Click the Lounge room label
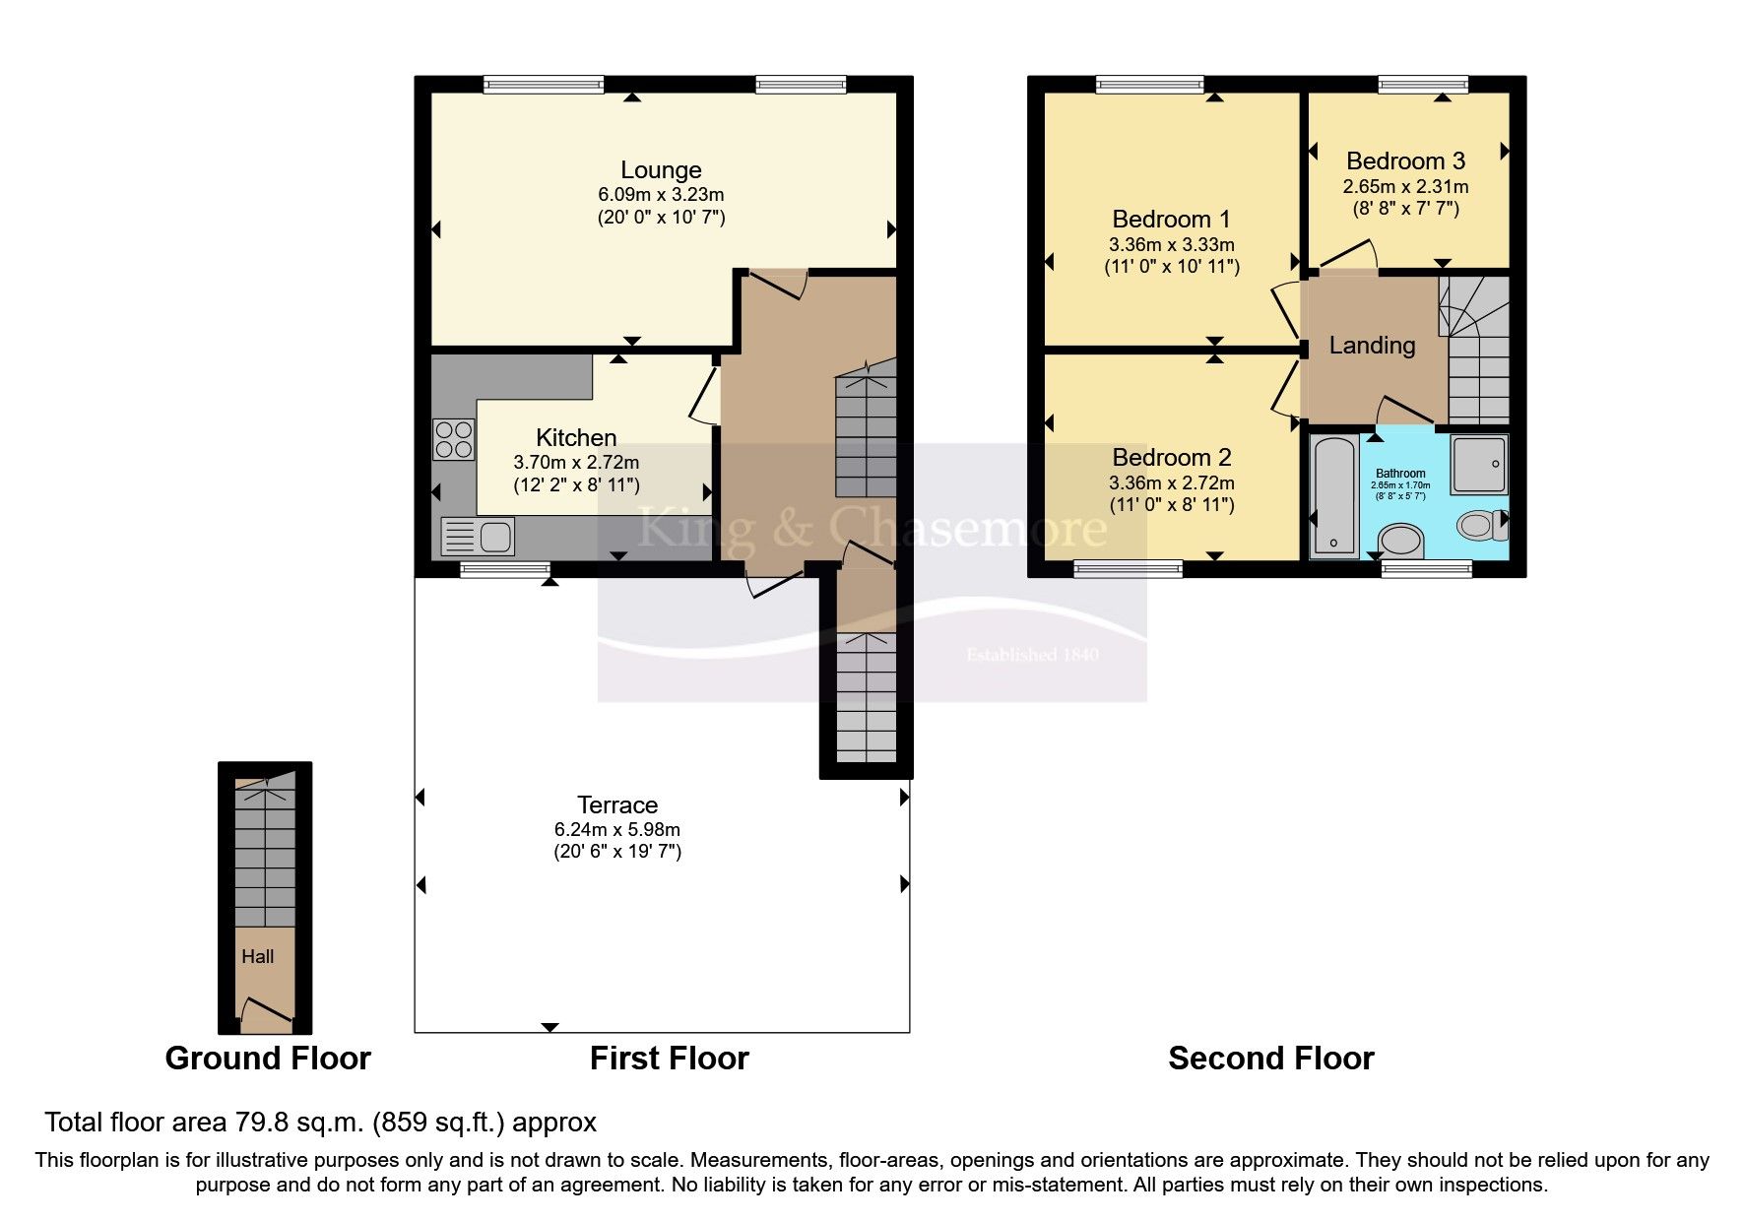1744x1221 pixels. coord(660,170)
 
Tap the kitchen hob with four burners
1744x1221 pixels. coord(453,439)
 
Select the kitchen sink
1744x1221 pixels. coord(478,537)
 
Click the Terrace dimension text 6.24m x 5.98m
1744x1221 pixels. coord(616,829)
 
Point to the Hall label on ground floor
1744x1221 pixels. coord(258,956)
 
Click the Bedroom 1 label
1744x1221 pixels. coord(1171,219)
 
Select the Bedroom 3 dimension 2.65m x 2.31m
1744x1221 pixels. coord(1405,186)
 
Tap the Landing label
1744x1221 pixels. coord(1372,346)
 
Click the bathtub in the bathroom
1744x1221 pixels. coord(1334,496)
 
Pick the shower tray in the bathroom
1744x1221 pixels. coord(1479,464)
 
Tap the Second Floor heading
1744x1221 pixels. coord(1270,1059)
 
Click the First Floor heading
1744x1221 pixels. coord(669,1059)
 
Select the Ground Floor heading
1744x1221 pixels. coord(268,1059)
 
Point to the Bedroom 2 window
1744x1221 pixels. coord(1128,568)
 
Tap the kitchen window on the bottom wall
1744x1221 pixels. coord(505,568)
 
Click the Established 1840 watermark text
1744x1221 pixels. coord(1031,655)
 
